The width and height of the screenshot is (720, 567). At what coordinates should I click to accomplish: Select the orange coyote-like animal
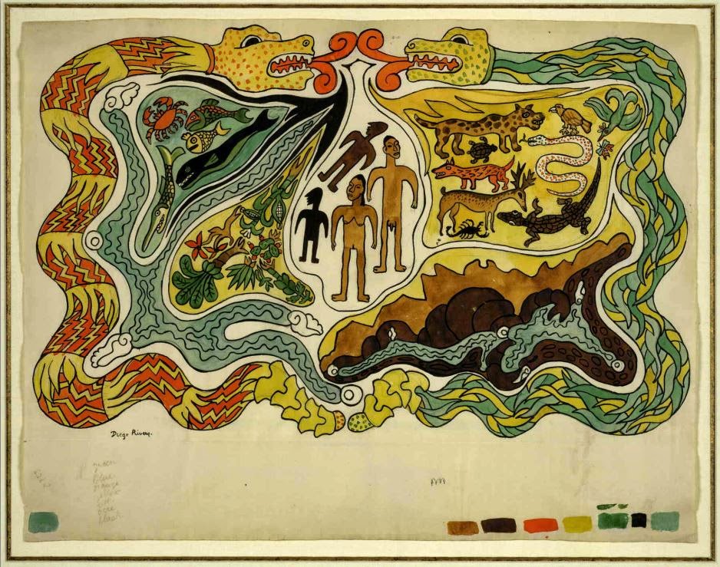[470, 173]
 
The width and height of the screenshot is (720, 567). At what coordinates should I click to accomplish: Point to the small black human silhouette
[312, 223]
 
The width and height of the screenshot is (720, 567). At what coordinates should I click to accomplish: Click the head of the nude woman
[357, 186]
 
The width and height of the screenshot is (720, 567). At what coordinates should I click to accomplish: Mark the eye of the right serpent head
[461, 38]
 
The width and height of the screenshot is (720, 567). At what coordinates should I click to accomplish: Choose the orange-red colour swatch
[540, 525]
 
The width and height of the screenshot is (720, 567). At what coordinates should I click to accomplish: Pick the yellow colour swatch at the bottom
[576, 524]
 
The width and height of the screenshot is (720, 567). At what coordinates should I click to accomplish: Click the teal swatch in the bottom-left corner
[43, 522]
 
